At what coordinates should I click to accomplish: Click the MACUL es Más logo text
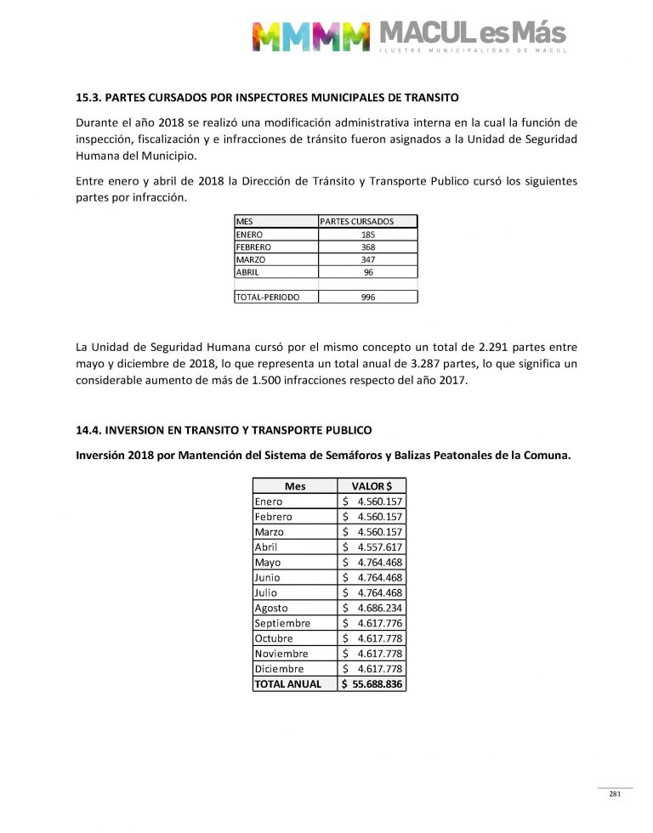471,34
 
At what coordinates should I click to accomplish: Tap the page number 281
615,795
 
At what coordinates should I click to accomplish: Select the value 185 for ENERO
368,235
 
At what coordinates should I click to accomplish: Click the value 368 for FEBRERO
368,247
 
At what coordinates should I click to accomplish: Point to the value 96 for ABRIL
368,273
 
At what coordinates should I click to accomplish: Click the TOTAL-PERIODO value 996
368,297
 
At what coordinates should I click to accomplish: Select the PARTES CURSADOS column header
357,222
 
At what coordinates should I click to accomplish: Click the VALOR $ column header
372,486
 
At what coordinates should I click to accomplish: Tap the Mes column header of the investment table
295,486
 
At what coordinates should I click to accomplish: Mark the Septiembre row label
282,624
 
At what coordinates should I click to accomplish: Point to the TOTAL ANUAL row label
288,684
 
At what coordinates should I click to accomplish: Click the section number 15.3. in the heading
90,99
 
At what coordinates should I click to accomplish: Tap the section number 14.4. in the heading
90,430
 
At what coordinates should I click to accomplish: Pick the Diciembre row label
279,669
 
